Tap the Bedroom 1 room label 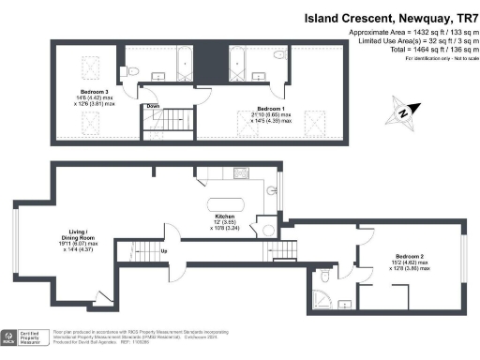pyautogui.click(x=275, y=110)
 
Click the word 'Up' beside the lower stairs pyautogui.click(x=165, y=250)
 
